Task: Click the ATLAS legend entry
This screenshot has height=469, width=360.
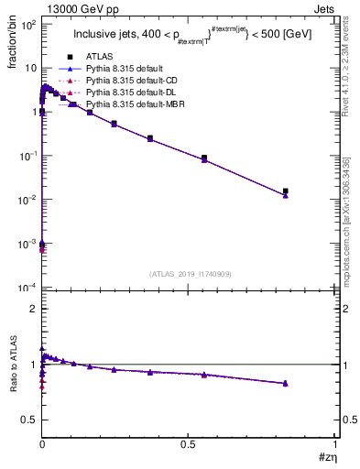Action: pos(101,57)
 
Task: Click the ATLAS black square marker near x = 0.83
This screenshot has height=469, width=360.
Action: pos(286,191)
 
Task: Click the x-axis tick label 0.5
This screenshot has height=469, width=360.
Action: pos(188,443)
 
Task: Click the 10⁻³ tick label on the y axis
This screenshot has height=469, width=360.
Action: pos(27,244)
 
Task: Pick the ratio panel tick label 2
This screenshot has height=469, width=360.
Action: pos(33,309)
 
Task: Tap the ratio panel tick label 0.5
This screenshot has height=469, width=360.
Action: pos(28,420)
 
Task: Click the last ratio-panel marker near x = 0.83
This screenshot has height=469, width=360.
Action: pos(286,383)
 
